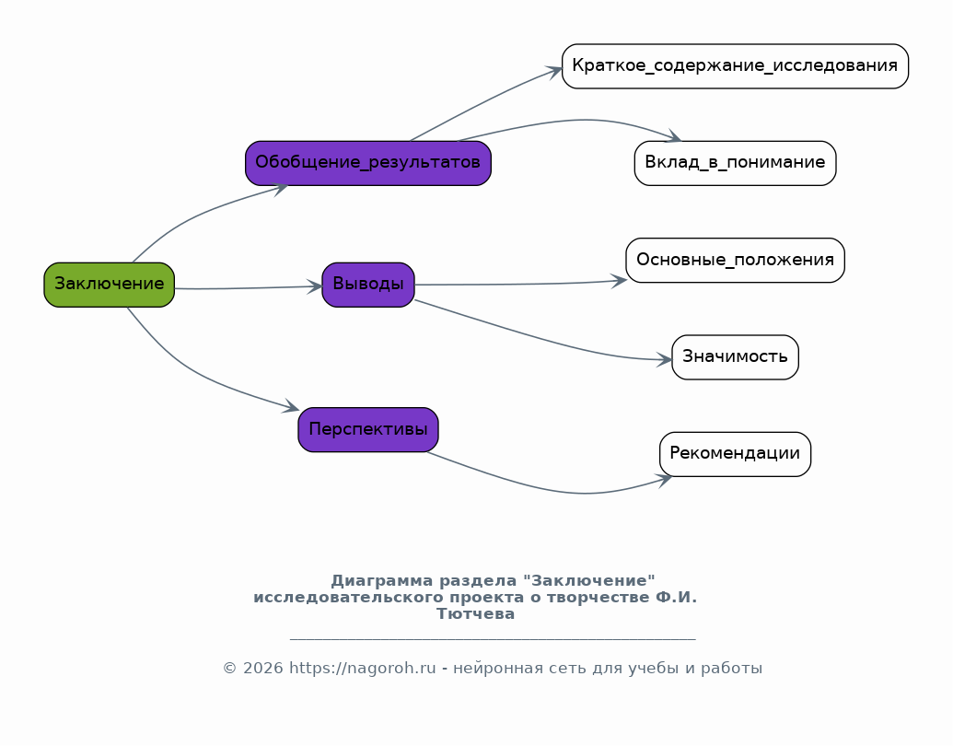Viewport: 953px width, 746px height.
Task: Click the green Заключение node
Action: point(109,285)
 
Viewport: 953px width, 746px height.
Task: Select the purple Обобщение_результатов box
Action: point(367,163)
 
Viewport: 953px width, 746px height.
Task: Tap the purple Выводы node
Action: point(367,285)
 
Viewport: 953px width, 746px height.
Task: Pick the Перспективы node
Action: point(367,430)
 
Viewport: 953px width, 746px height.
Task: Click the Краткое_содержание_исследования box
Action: point(735,66)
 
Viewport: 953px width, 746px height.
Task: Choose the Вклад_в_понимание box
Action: point(735,163)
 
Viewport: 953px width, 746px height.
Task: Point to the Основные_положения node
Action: point(735,261)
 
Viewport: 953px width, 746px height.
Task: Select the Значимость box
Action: point(735,357)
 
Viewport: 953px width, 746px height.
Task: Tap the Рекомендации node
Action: point(735,454)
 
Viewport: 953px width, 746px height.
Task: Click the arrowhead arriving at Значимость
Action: point(665,360)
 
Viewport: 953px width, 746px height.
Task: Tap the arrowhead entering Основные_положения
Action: point(620,280)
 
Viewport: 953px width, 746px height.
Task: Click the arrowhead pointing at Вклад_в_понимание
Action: point(672,138)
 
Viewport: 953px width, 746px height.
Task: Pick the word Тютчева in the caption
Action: point(475,614)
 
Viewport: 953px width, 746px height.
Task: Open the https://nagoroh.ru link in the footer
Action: point(362,669)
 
